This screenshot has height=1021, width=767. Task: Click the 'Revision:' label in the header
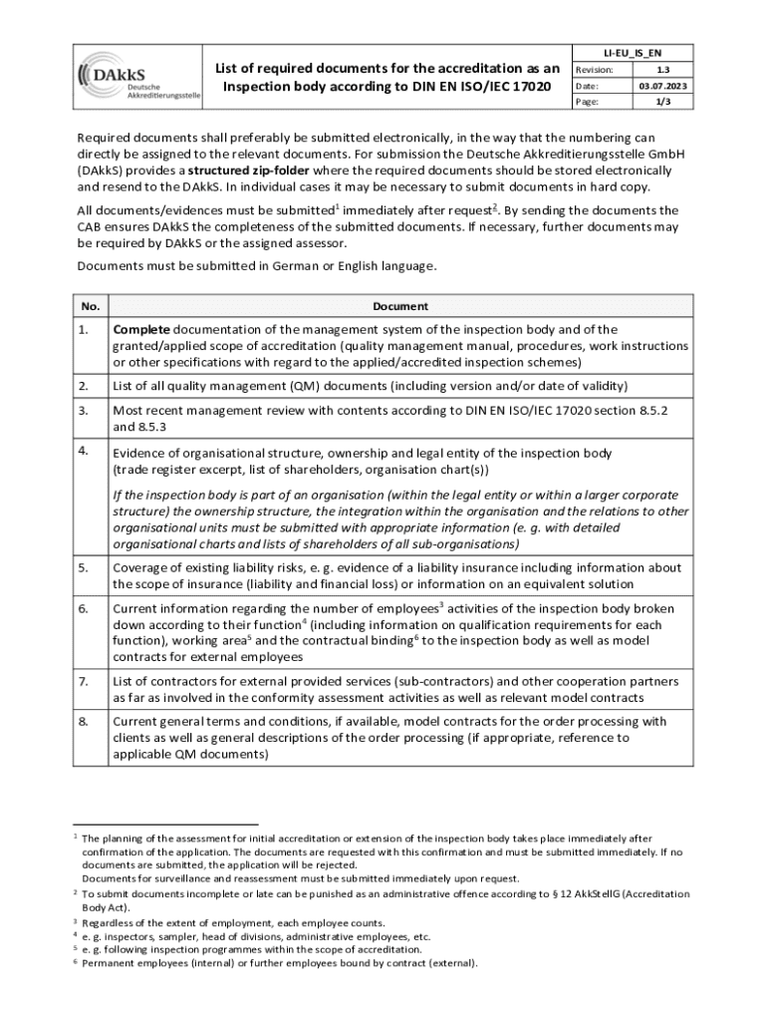point(594,70)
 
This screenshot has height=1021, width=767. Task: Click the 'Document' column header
point(400,306)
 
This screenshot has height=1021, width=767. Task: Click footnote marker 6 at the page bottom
point(77,961)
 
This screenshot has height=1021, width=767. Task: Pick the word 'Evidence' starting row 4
point(141,453)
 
